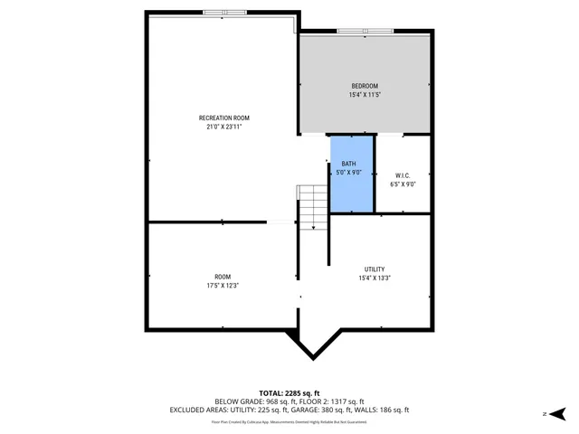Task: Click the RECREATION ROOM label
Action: tap(223, 118)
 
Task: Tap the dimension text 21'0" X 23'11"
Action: tap(223, 127)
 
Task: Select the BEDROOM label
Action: tap(365, 86)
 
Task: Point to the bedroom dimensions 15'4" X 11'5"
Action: tap(365, 95)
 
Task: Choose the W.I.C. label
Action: tap(403, 175)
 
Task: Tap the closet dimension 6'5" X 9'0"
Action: tap(403, 184)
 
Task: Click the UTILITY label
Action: tap(375, 269)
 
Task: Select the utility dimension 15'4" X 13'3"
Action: tap(375, 278)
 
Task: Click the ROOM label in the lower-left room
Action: tap(223, 277)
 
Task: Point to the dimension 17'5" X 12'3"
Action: tap(223, 286)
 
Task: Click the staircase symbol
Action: tap(310, 206)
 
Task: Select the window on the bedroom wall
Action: tap(365, 33)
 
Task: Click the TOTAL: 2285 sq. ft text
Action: tap(289, 392)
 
